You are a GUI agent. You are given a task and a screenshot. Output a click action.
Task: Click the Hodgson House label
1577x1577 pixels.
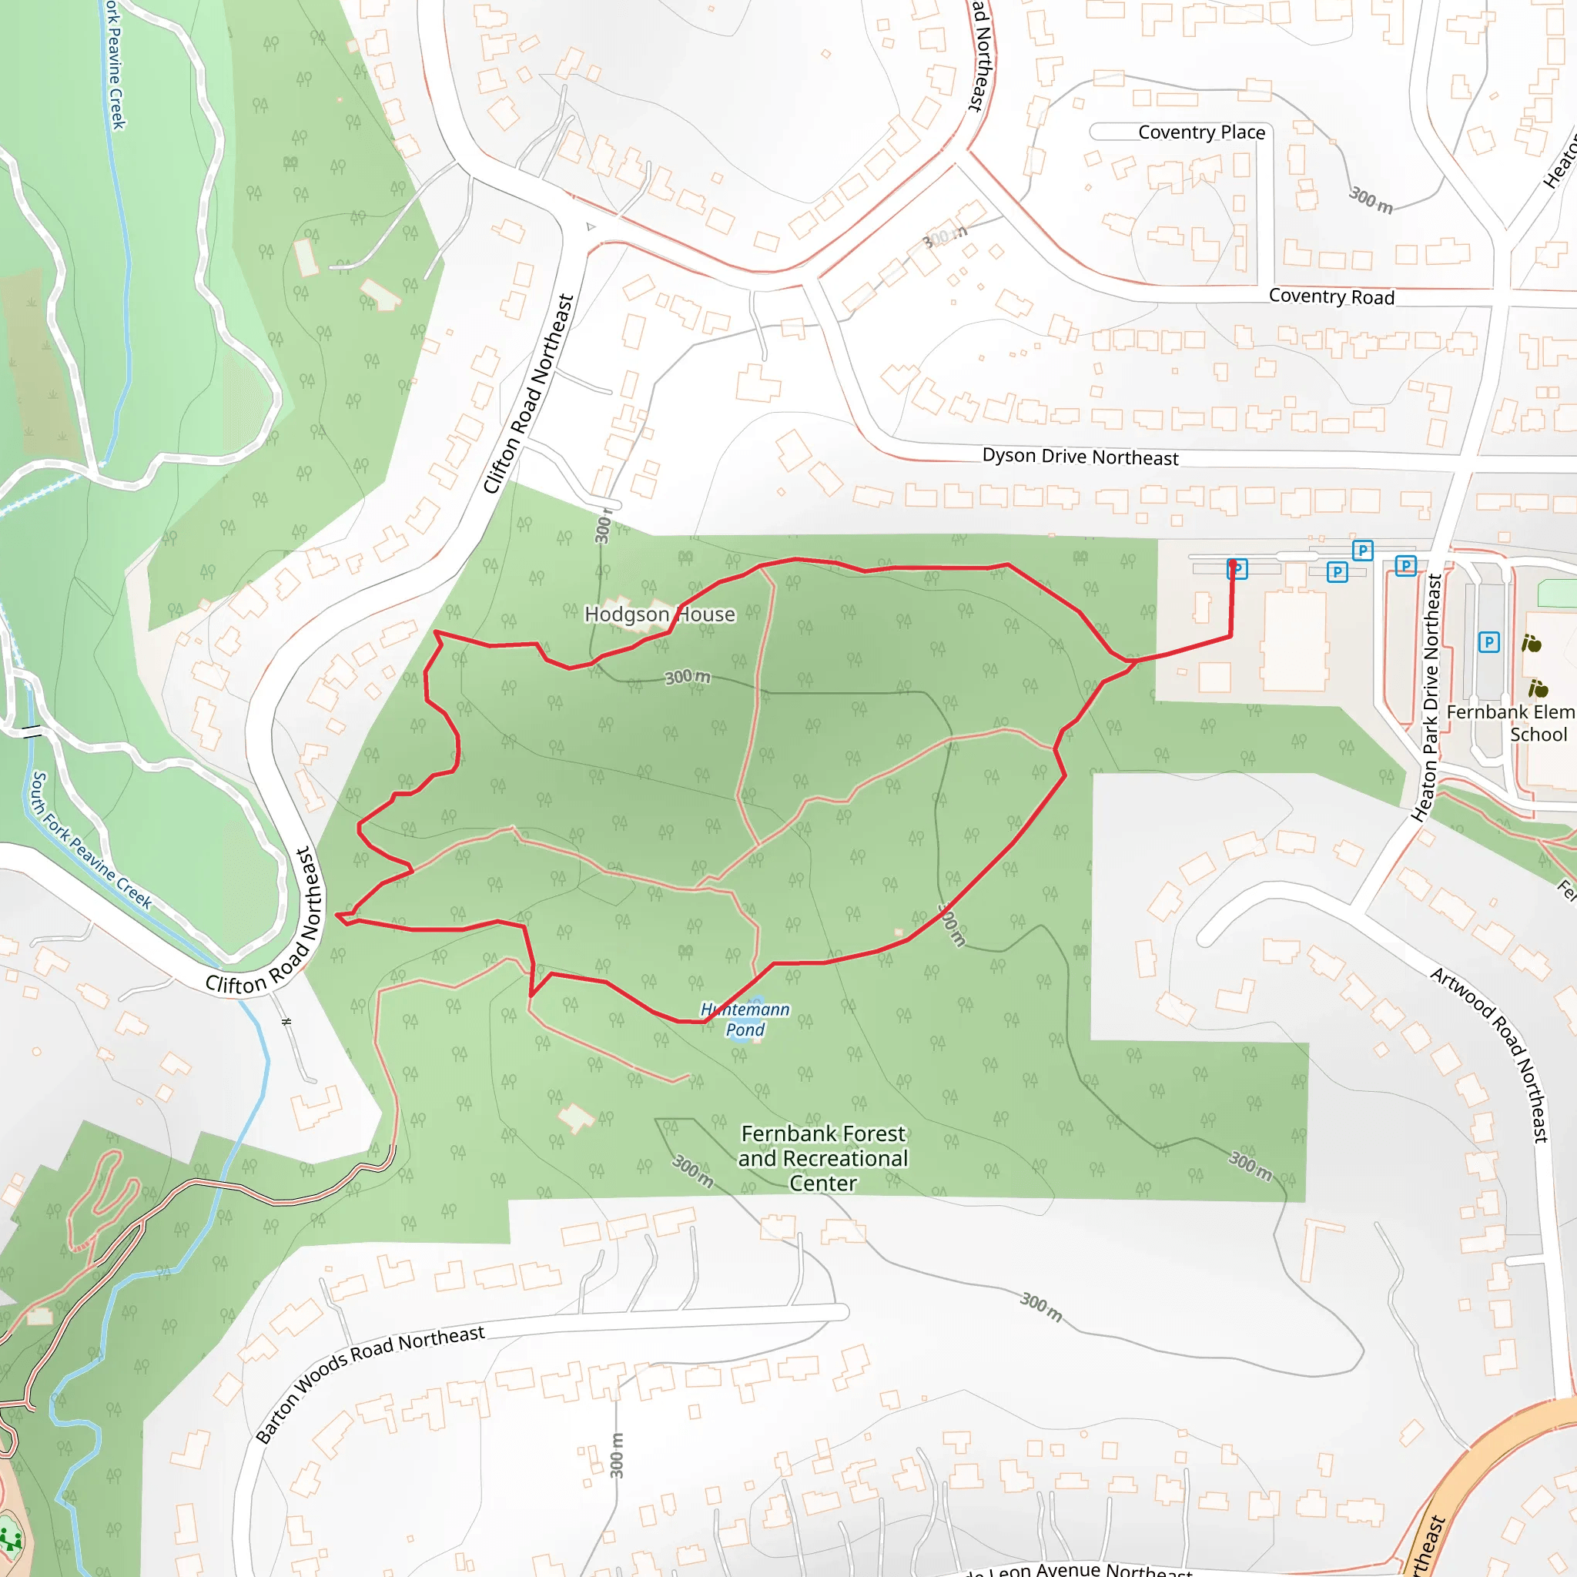660,614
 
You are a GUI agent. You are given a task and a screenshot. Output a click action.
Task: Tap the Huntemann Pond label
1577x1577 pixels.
745,1020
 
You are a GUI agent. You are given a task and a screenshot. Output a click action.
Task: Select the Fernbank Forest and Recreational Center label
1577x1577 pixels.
823,1158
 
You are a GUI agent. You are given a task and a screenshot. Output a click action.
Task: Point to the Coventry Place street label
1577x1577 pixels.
1200,132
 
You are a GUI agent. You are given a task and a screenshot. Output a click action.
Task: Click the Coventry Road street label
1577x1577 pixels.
1331,296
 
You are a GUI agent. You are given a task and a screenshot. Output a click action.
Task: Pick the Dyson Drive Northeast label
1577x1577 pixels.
1080,457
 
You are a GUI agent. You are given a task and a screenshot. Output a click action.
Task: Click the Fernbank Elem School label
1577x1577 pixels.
1510,723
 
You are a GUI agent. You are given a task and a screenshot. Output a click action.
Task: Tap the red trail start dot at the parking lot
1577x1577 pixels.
1233,563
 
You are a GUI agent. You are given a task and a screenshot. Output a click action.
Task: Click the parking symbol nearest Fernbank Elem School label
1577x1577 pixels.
1489,642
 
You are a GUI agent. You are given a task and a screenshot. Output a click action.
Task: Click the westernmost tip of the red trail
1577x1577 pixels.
337,915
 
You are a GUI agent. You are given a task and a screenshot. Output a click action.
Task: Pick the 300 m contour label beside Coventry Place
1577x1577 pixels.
1371,199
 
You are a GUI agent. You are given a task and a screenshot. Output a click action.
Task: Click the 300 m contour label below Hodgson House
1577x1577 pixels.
688,677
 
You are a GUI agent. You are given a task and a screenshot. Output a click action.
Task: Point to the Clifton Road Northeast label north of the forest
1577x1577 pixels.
529,394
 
